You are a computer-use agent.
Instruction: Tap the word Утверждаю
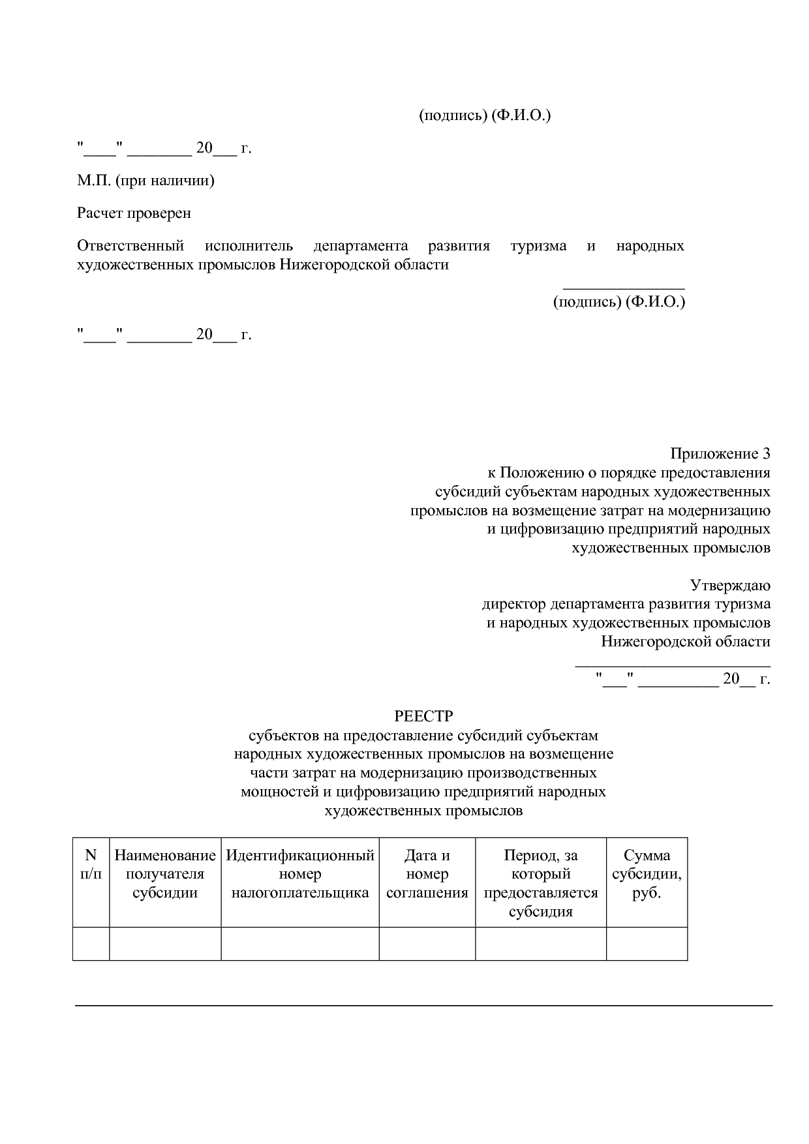tap(730, 585)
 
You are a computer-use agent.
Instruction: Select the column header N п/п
tap(91, 864)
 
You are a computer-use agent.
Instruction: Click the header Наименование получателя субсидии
tap(165, 874)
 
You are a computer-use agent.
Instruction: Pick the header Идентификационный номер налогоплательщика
tap(300, 874)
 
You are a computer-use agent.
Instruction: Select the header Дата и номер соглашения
tap(427, 874)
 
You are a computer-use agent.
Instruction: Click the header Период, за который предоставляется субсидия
tap(541, 883)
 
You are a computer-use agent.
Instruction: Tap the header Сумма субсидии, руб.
tap(647, 874)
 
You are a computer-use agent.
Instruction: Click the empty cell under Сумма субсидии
tap(647, 943)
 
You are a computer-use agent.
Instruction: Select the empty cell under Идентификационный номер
tap(300, 943)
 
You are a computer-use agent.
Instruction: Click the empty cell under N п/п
tap(91, 943)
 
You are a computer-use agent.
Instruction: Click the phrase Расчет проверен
tap(134, 213)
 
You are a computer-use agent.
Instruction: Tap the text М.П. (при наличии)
tap(145, 181)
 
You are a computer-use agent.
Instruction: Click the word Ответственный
tap(130, 246)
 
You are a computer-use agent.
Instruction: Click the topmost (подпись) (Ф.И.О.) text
tap(484, 115)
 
